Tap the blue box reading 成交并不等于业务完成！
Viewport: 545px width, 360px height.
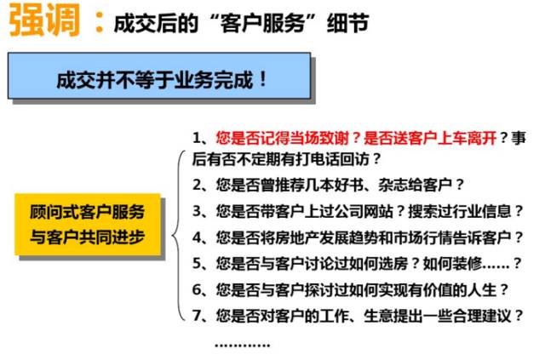coord(162,80)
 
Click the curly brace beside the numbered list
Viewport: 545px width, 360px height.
coord(176,231)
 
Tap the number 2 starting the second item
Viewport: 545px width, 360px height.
coord(198,184)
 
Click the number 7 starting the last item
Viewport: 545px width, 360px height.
coord(198,316)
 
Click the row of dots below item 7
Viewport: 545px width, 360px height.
coord(242,343)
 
